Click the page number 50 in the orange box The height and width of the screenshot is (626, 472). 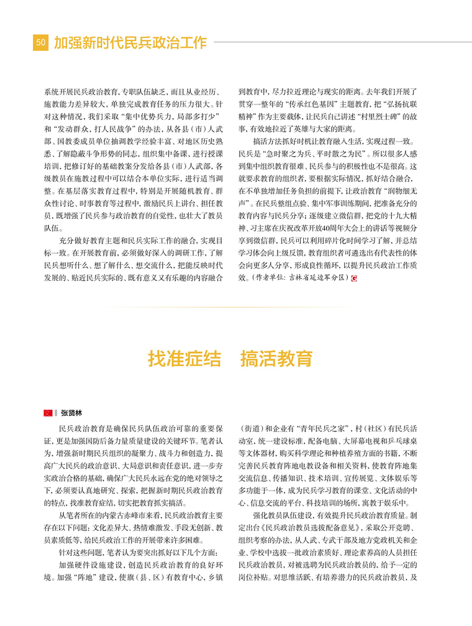click(40, 42)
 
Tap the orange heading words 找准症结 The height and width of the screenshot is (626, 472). click(184, 359)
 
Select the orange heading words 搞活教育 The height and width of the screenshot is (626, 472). click(276, 359)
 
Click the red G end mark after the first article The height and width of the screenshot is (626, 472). click(354, 278)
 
